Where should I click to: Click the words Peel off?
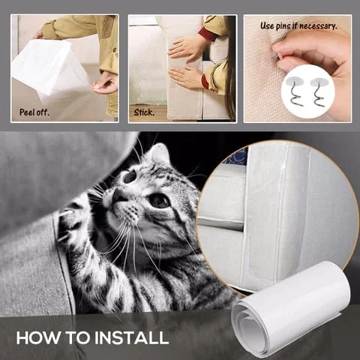point(34,112)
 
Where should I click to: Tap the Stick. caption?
point(144,112)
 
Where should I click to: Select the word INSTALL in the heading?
point(131,337)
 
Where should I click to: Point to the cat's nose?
point(118,196)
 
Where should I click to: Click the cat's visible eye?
point(159,200)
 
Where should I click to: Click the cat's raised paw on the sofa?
point(73,223)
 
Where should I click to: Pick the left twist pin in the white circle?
point(295,91)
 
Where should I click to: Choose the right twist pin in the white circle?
point(319,91)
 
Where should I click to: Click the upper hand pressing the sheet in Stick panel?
point(185,48)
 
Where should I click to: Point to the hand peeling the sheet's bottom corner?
point(104,84)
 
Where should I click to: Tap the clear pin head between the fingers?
point(277,58)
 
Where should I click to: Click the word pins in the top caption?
point(284,26)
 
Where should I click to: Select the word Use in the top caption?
point(267,25)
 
